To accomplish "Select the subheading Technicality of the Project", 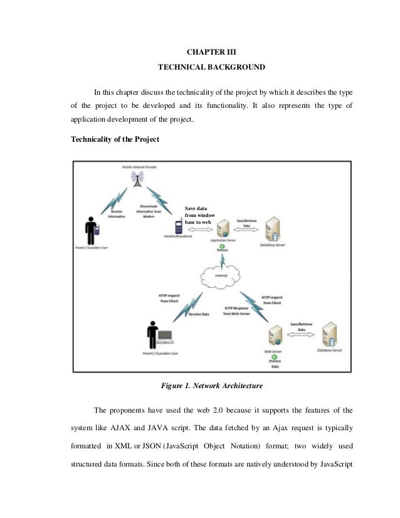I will (110, 140).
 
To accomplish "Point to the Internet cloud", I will (222, 275).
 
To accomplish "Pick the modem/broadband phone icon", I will (179, 227).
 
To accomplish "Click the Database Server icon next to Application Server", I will (274, 230).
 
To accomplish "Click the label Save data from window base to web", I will (199, 215).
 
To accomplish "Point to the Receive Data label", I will (199, 314).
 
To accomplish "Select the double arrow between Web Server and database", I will (299, 336).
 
